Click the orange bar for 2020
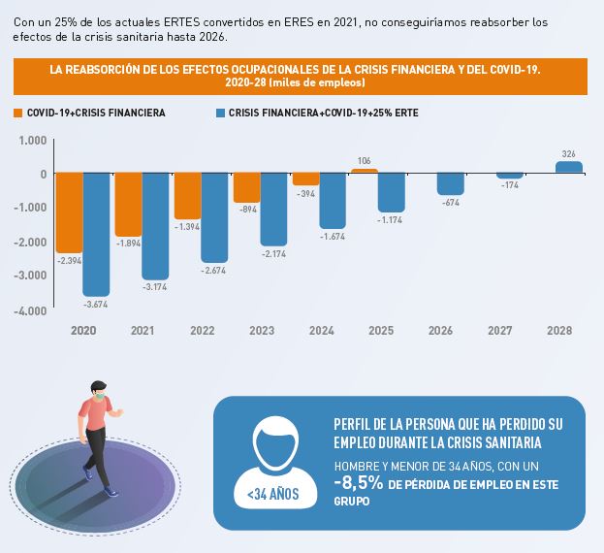coord(69,212)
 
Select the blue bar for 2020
coord(96,235)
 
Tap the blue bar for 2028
coord(569,168)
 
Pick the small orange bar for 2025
coord(364,171)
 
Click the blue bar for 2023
coord(273,210)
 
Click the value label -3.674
coord(96,305)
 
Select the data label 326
coord(569,153)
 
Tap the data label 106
coord(365,160)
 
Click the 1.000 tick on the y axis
coord(33,140)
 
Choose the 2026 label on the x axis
coord(441,331)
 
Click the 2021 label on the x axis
coord(142,331)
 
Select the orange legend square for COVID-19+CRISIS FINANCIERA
coord(18,113)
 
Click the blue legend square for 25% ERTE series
coord(220,113)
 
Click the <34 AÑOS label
coord(272,495)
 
